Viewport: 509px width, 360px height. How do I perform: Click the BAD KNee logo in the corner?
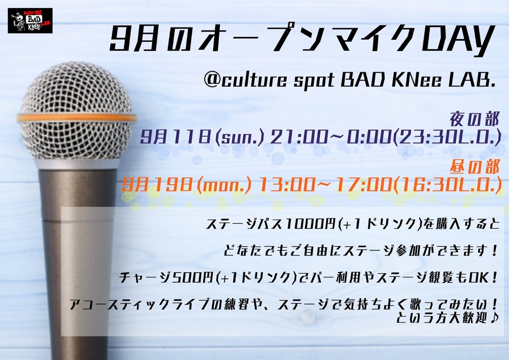[30, 21]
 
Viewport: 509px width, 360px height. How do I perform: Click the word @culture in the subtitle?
[245, 79]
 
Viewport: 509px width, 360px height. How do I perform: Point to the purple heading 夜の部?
[474, 120]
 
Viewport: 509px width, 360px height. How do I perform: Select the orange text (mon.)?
[224, 185]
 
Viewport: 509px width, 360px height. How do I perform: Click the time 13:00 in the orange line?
[287, 185]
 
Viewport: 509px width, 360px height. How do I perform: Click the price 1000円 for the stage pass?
[308, 225]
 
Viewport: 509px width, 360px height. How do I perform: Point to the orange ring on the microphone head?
[77, 118]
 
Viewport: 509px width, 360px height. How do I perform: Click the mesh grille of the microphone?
[77, 88]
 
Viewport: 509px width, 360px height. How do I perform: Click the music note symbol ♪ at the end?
[493, 318]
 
